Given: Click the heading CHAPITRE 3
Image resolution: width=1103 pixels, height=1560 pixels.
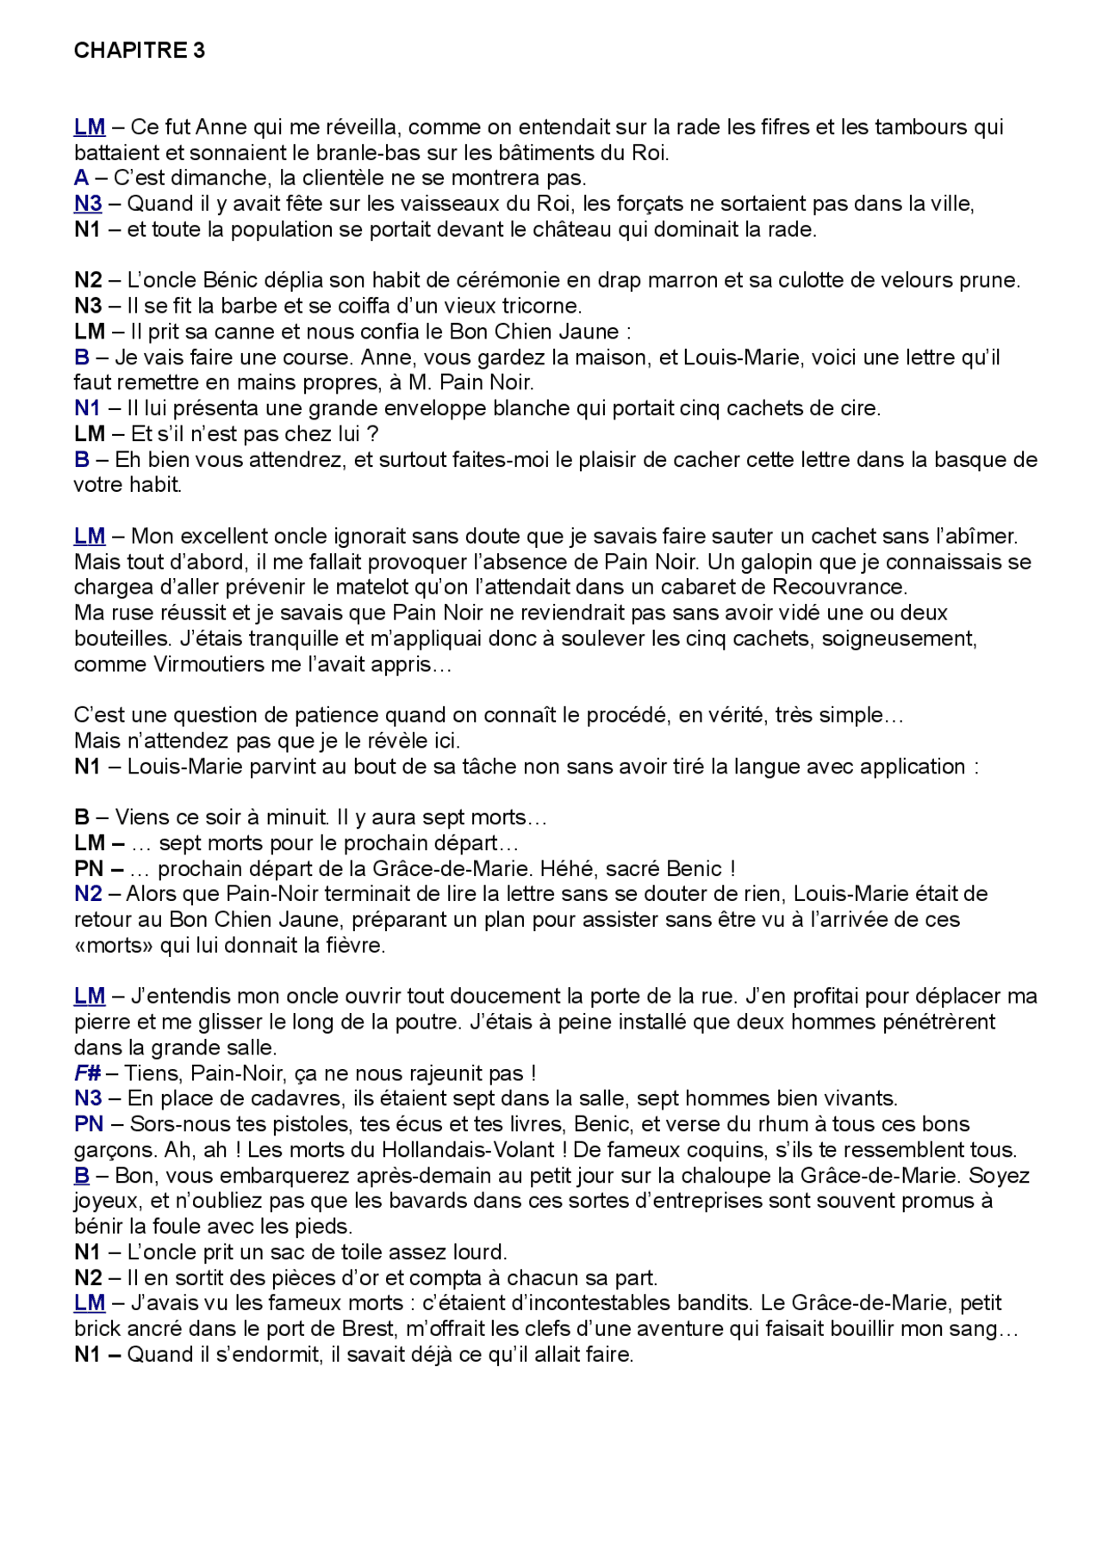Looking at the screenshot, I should click(x=139, y=51).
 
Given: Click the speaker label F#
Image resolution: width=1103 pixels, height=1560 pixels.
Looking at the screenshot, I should click(x=87, y=1073).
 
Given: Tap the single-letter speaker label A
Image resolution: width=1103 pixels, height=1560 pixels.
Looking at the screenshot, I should click(x=81, y=178).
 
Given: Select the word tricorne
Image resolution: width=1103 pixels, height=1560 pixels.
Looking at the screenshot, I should click(x=542, y=306).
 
